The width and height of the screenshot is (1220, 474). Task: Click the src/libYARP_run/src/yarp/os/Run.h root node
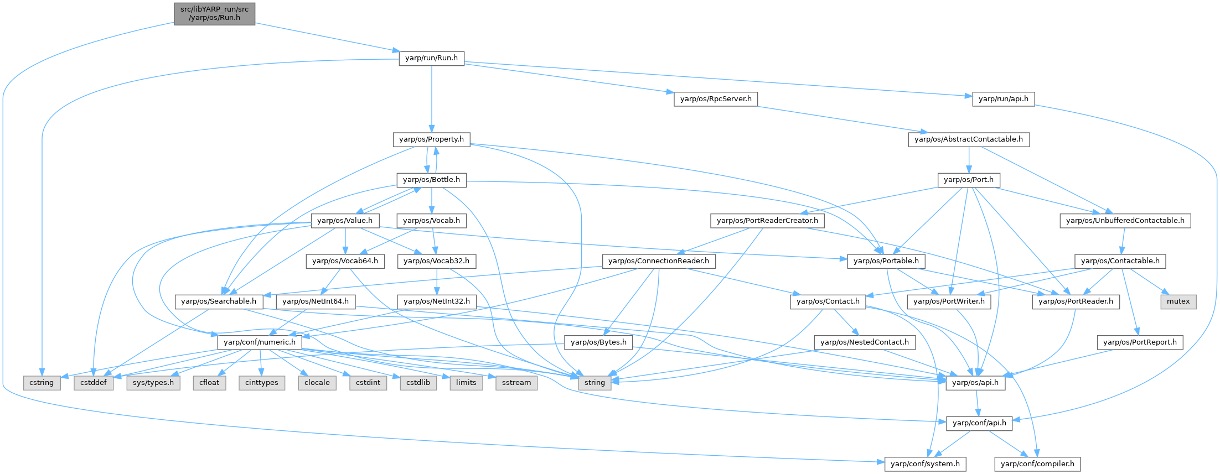coord(214,13)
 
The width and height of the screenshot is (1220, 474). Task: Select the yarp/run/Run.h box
coord(431,58)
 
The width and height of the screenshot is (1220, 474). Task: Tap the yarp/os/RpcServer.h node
coord(716,99)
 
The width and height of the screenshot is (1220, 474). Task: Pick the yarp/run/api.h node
coord(1003,99)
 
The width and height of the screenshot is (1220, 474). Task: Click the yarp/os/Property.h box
coord(431,139)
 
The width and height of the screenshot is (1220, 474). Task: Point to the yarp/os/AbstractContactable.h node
coord(968,139)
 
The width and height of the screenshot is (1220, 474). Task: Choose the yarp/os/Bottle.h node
coord(431,180)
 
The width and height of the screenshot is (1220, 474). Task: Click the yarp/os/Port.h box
coord(968,180)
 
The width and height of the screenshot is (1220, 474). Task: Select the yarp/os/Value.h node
coord(345,221)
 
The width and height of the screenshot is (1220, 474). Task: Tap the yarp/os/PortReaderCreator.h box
coord(767,221)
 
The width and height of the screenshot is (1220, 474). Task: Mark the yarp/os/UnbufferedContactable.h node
coord(1125,221)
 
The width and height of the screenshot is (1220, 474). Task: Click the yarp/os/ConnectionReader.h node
coord(658,261)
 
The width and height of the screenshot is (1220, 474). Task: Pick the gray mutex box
coord(1178,301)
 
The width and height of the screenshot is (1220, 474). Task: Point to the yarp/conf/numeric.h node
coord(260,342)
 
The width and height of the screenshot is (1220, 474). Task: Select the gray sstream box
coord(516,383)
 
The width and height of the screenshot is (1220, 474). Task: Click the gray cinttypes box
coord(261,383)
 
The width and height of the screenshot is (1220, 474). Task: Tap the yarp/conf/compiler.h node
coord(1037,464)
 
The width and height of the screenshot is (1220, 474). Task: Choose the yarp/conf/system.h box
coord(925,464)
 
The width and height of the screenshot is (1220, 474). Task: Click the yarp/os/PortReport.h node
coord(1140,342)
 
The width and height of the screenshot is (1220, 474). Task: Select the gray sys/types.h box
coord(153,383)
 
